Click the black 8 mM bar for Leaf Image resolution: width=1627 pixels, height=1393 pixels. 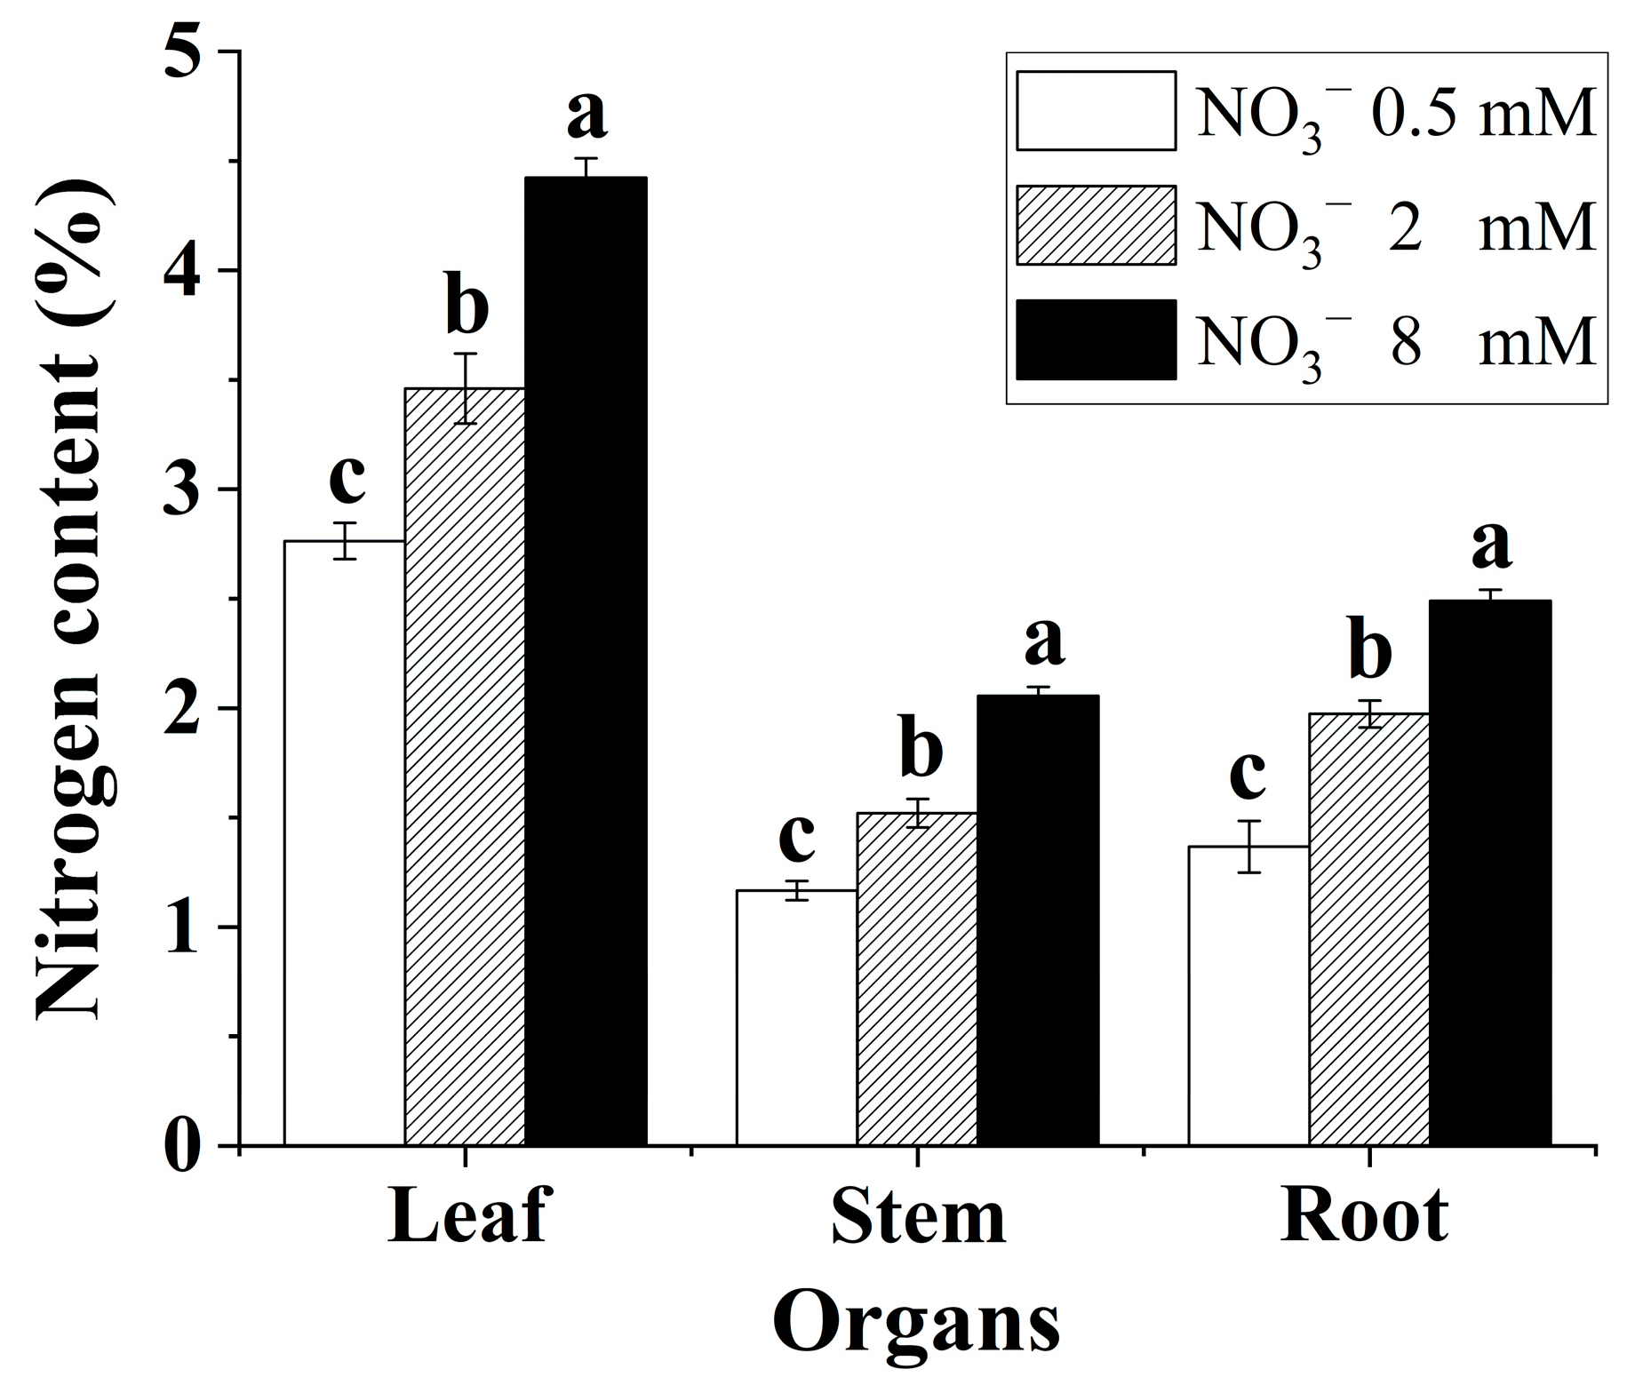pyautogui.click(x=586, y=661)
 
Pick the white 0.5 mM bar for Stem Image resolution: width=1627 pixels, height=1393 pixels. pyautogui.click(x=796, y=1017)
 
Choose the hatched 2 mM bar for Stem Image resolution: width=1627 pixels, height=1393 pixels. pyautogui.click(x=917, y=979)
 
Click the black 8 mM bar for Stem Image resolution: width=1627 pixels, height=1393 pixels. pyautogui.click(x=1038, y=920)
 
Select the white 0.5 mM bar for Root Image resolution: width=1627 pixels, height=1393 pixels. pyautogui.click(x=1248, y=995)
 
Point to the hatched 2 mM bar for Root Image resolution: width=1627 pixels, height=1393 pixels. pyautogui.click(x=1369, y=929)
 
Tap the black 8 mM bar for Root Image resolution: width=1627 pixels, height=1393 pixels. pyautogui.click(x=1490, y=872)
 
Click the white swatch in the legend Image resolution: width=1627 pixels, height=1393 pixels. pyautogui.click(x=1096, y=110)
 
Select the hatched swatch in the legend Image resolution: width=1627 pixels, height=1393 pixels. pyautogui.click(x=1096, y=225)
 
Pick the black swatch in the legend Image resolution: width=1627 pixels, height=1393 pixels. pyautogui.click(x=1096, y=339)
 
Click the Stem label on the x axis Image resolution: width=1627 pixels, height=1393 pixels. pyautogui.click(x=918, y=1218)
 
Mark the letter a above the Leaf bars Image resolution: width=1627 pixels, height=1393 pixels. pyautogui.click(x=586, y=114)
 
